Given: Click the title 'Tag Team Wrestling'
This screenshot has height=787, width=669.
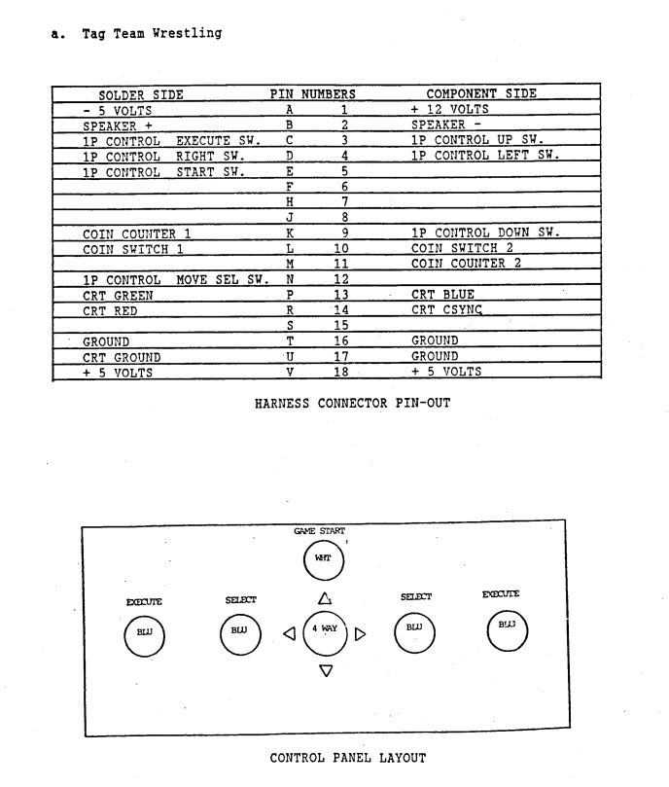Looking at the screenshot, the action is tap(152, 34).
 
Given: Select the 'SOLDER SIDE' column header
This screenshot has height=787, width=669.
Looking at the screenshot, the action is tap(141, 95).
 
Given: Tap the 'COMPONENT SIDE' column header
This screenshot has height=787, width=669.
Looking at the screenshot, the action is tap(481, 93).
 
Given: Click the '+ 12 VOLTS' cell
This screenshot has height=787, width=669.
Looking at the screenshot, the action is tap(449, 109).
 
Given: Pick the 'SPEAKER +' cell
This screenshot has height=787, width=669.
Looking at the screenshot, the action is tap(118, 125).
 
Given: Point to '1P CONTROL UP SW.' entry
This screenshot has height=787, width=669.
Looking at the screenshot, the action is tap(477, 140).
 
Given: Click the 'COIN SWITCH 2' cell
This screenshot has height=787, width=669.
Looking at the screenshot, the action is tap(462, 248).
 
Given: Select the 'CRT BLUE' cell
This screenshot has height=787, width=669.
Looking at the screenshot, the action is tap(442, 294).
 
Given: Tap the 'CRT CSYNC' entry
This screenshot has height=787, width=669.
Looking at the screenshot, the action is tap(446, 309).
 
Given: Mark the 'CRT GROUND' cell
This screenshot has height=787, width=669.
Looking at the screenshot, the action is tap(122, 357).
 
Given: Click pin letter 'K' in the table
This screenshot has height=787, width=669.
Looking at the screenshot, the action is tap(290, 233).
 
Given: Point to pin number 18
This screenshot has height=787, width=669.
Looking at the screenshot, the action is tap(341, 372).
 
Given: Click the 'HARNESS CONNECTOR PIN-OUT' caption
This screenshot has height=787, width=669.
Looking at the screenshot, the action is tap(352, 404).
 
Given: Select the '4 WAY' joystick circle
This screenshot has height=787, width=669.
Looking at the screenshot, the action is tap(325, 633).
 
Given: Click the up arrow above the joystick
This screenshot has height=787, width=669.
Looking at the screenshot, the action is tap(325, 598).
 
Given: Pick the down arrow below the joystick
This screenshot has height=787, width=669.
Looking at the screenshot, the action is tap(326, 670).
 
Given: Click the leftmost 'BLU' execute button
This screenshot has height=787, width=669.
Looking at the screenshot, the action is tap(145, 636).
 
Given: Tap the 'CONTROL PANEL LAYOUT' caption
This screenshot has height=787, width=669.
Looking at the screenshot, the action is tap(348, 758).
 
